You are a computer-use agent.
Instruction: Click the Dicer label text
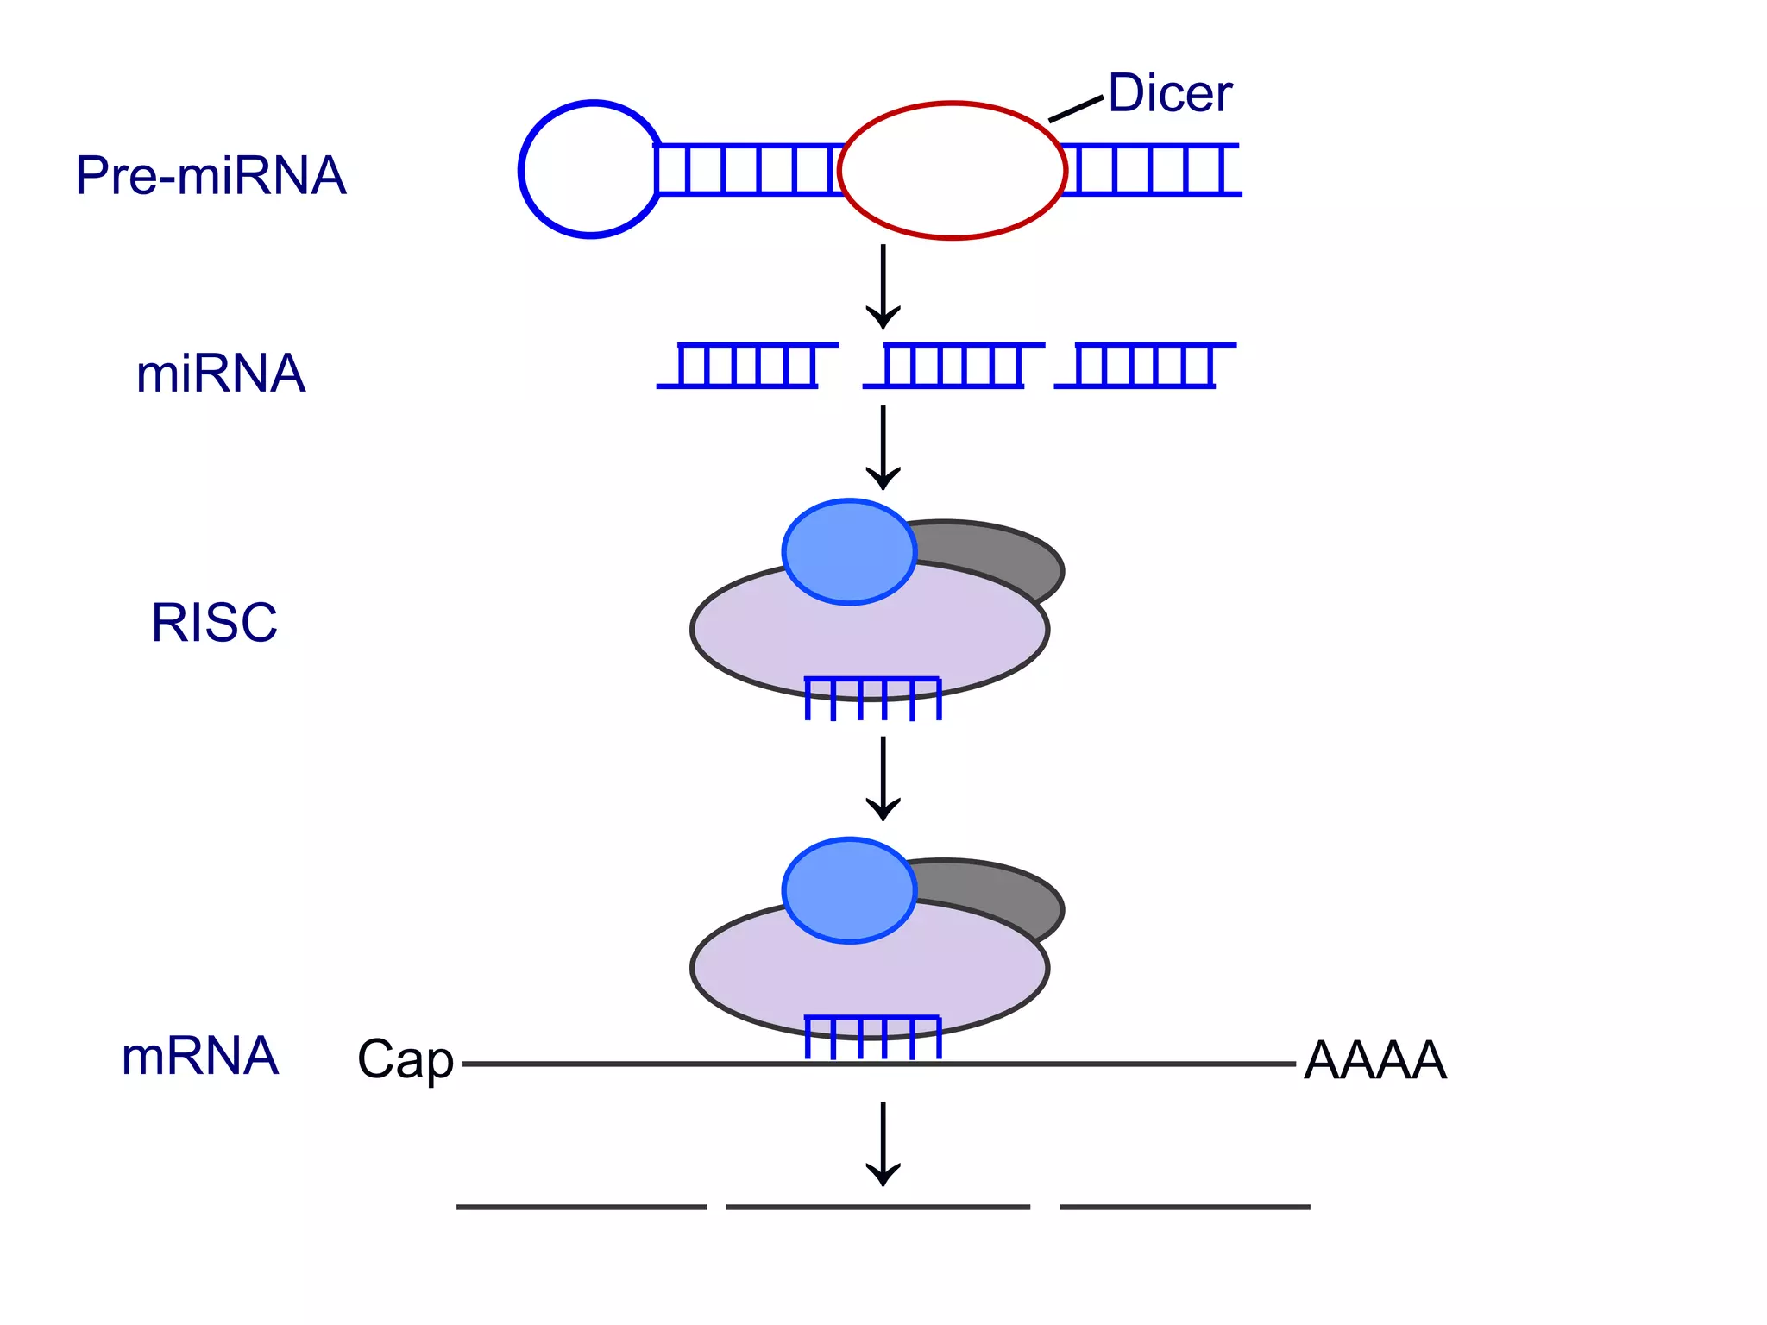click(1169, 93)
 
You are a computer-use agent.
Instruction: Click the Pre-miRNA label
click(211, 176)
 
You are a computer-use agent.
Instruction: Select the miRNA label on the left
click(221, 374)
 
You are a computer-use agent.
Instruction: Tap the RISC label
click(214, 622)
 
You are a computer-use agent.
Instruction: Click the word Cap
click(405, 1059)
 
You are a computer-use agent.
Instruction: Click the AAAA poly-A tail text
click(1374, 1060)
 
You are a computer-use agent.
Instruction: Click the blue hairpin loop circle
click(523, 170)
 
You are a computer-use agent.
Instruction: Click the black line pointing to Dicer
click(1076, 110)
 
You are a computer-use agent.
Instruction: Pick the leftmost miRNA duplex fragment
click(746, 366)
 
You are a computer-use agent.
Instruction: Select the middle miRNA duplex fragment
click(953, 366)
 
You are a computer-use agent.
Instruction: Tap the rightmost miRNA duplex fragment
click(1145, 366)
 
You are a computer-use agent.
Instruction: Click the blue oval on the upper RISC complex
click(849, 552)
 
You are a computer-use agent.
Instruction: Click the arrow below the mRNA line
click(883, 1143)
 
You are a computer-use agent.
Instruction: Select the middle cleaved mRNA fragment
click(877, 1207)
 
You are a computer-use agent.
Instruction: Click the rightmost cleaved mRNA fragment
click(1185, 1207)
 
